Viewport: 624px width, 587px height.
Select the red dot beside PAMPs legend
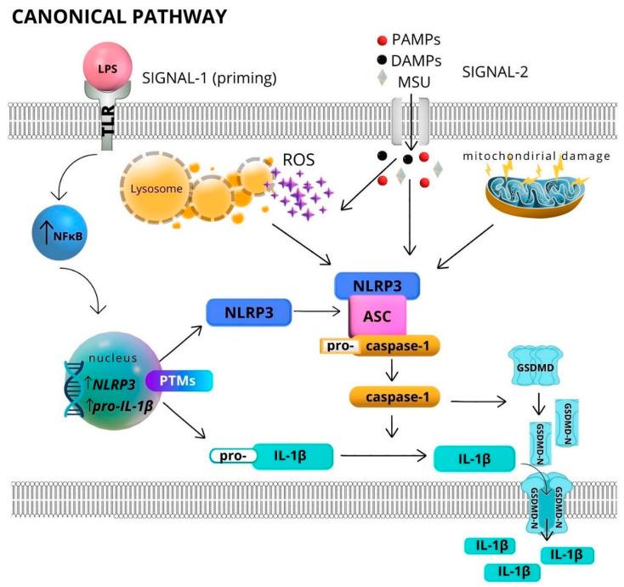tap(383, 41)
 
